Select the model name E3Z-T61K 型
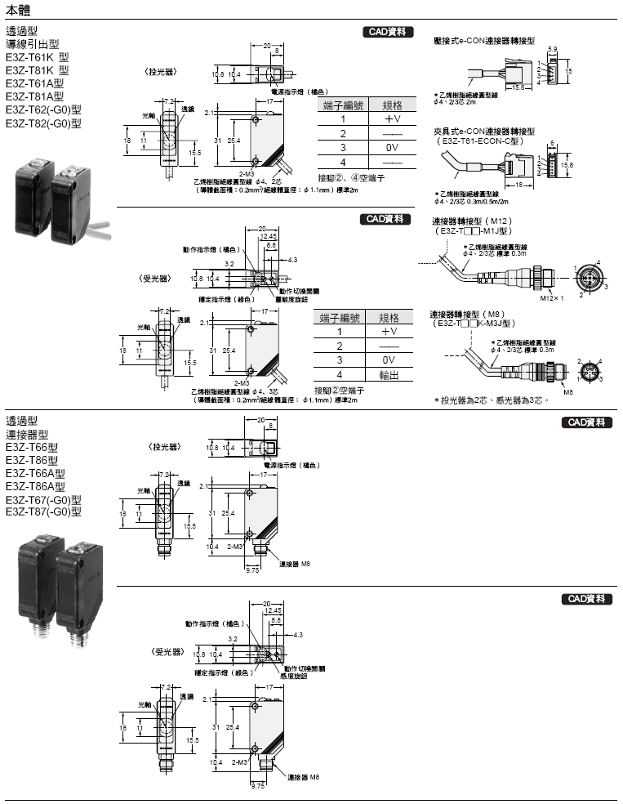[x=40, y=58]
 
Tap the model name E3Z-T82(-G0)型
[x=43, y=123]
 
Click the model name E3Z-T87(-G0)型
[x=43, y=512]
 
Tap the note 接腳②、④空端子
[x=349, y=178]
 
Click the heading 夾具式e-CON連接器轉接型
[x=484, y=131]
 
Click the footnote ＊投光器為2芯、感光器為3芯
[x=491, y=400]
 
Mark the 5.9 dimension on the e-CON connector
[x=553, y=49]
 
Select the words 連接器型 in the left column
[x=27, y=434]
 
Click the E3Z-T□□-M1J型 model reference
[x=472, y=230]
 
